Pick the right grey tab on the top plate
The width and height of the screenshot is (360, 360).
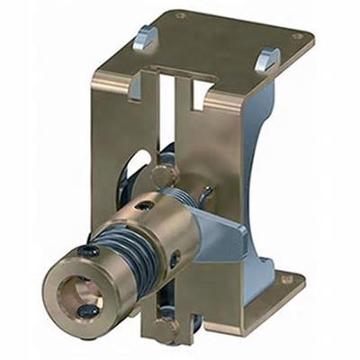point(266,58)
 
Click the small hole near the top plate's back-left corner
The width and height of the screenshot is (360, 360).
point(180,15)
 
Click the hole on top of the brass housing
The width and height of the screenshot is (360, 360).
point(144,204)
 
